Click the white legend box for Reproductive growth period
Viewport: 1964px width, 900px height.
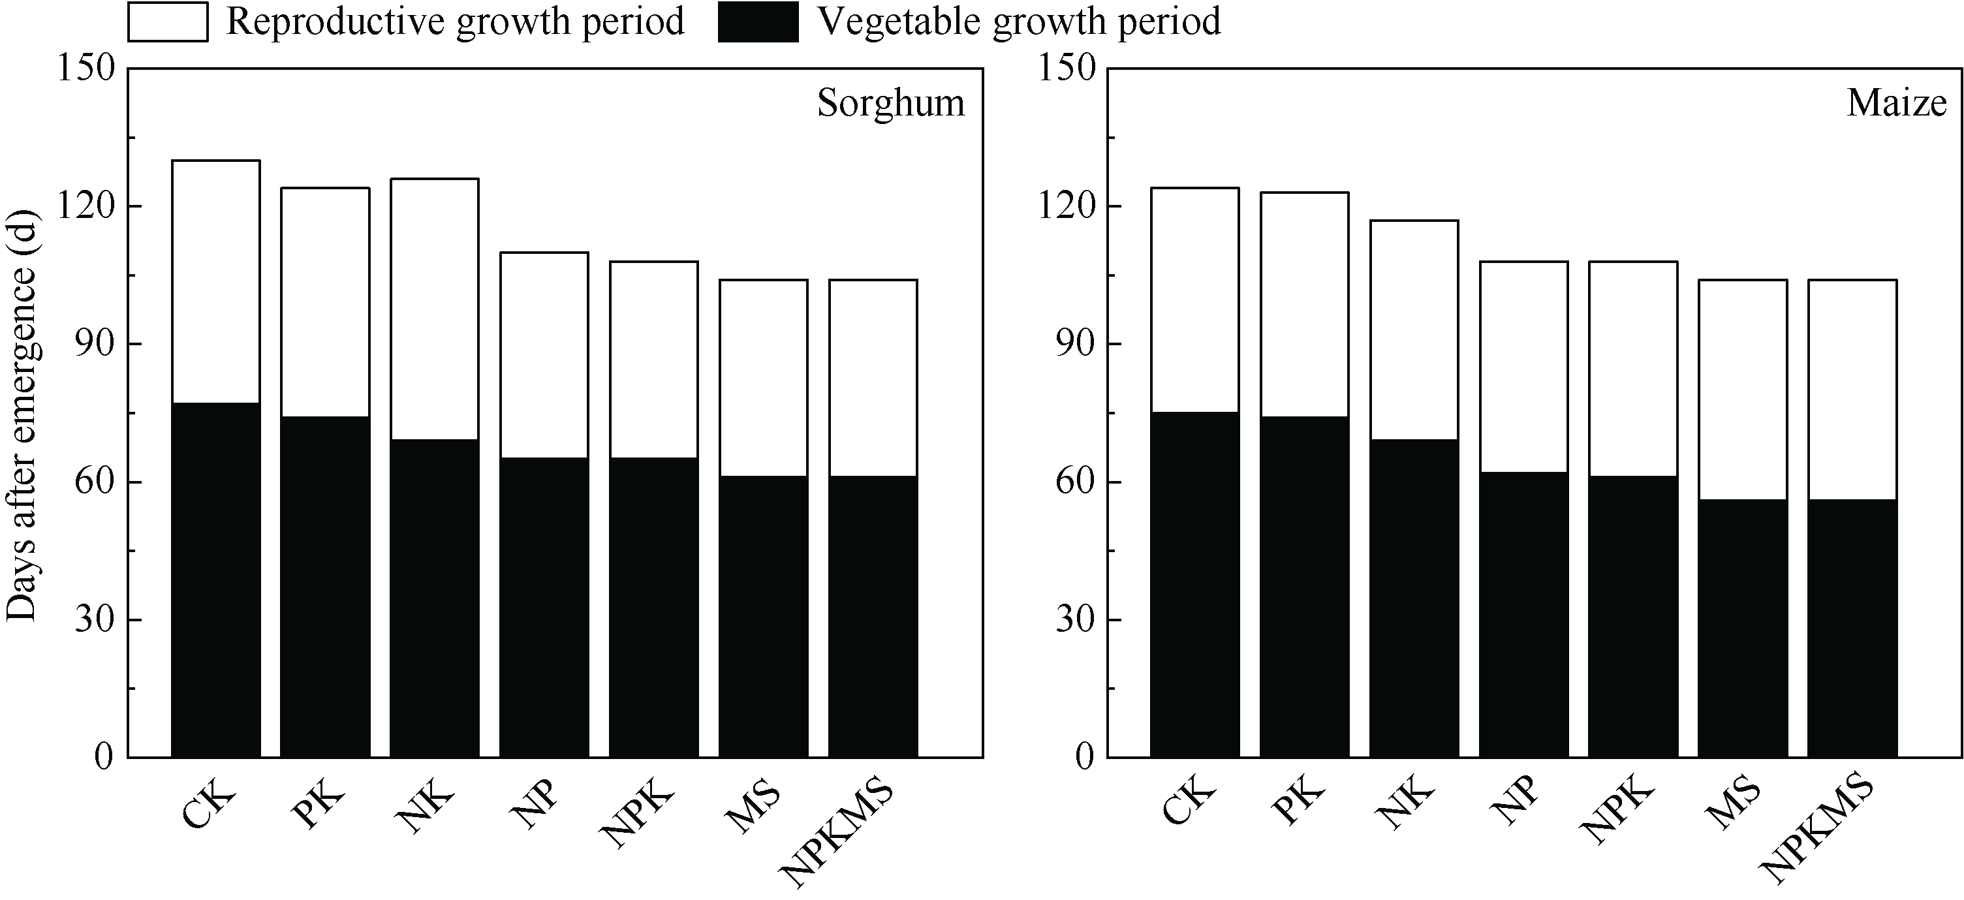point(168,22)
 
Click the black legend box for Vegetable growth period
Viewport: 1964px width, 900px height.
point(758,22)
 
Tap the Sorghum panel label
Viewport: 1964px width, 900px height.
point(890,103)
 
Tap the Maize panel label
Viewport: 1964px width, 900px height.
point(1896,103)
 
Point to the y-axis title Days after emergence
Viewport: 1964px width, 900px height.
point(22,415)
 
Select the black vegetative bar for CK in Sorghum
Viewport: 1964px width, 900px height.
point(216,579)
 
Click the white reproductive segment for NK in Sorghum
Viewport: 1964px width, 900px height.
point(435,309)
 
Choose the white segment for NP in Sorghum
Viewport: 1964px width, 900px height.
point(544,354)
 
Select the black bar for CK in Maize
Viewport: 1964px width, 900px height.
point(1194,583)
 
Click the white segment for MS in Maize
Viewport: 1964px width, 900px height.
point(1743,390)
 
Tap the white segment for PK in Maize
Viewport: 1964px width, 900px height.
point(1305,304)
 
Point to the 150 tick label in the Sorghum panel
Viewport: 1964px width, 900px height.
point(86,69)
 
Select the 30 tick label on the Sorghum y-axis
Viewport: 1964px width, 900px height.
point(95,620)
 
